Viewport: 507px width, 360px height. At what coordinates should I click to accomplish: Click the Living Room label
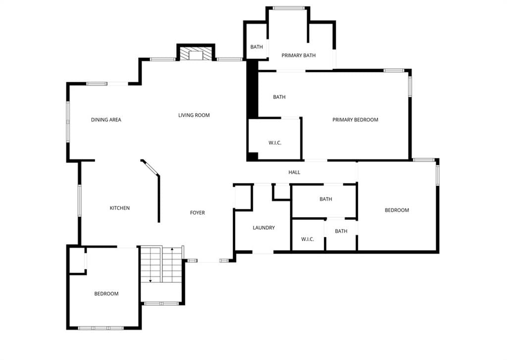(x=194, y=115)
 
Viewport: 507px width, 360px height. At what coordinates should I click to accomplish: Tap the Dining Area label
(x=106, y=120)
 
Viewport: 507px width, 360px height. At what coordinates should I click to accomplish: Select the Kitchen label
(x=120, y=208)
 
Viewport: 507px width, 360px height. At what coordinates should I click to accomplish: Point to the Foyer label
(x=197, y=212)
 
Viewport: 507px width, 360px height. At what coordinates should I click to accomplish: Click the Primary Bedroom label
(x=355, y=120)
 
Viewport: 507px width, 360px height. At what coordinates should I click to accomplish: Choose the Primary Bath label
(x=299, y=55)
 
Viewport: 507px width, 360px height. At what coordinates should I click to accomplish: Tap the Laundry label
(x=264, y=228)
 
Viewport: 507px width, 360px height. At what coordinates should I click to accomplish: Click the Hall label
(x=294, y=172)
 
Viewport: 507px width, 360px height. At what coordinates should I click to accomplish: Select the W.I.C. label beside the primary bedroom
(x=275, y=143)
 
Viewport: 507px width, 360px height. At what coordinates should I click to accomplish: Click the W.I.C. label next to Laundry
(x=307, y=239)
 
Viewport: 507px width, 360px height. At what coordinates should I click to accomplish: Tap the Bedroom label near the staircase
(x=106, y=294)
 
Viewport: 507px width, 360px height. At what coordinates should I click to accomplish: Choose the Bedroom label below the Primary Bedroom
(x=397, y=210)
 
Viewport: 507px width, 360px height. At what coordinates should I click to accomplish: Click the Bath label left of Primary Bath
(x=257, y=47)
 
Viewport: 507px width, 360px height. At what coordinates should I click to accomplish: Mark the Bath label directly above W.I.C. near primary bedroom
(x=279, y=97)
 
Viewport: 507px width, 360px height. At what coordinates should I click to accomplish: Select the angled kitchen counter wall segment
(x=151, y=168)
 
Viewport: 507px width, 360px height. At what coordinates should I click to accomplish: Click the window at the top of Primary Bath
(x=289, y=8)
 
